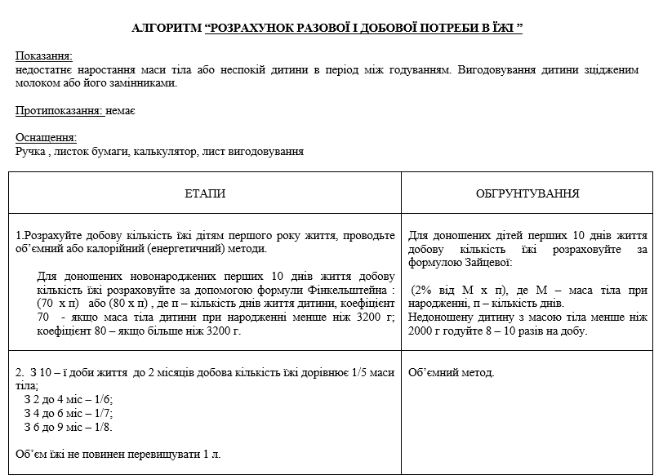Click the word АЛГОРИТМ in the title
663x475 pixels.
(x=167, y=29)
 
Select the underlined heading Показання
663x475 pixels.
(x=44, y=56)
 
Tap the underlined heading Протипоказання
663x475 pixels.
(x=60, y=111)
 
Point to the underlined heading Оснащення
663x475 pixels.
(x=46, y=137)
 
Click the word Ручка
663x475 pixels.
(x=31, y=151)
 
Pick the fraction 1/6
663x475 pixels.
(x=102, y=399)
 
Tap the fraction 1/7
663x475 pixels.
(x=102, y=413)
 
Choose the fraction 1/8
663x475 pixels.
(x=102, y=427)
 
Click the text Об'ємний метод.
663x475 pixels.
(x=451, y=373)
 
